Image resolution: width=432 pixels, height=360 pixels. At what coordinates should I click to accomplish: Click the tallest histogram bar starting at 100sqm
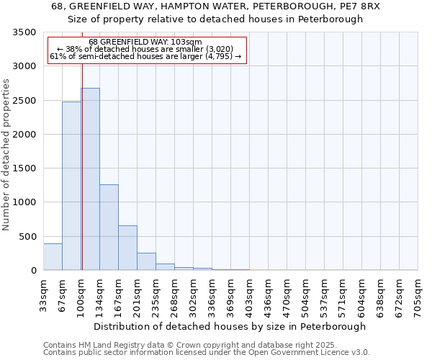pyautogui.click(x=90, y=180)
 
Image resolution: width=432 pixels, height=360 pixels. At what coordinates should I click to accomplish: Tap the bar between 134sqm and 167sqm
pyautogui.click(x=109, y=228)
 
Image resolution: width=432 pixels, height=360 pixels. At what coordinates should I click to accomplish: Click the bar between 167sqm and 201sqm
pyautogui.click(x=127, y=248)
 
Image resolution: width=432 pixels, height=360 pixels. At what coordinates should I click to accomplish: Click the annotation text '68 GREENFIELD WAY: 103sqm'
pyautogui.click(x=145, y=42)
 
